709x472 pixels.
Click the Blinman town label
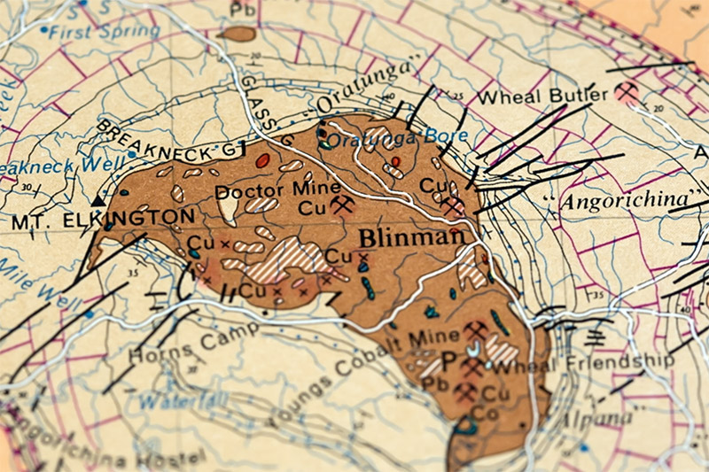click(x=411, y=237)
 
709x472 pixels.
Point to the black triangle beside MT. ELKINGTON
click(x=97, y=203)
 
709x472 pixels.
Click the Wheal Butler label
click(x=543, y=96)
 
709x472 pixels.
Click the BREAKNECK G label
click(x=165, y=140)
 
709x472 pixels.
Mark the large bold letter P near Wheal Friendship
click(x=448, y=360)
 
